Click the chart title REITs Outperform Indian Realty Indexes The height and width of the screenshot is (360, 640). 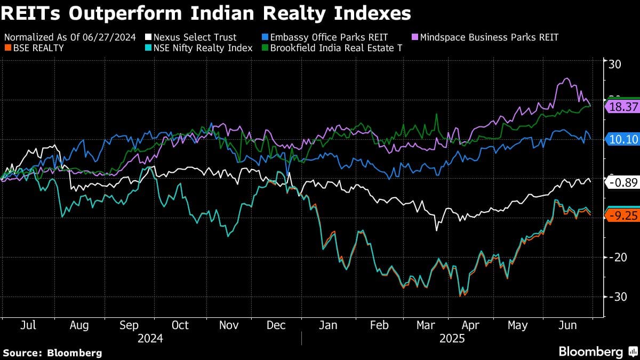pos(205,14)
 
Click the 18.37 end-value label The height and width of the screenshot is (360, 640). pos(623,107)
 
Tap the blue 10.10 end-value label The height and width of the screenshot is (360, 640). pos(623,139)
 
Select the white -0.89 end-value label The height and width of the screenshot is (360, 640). pos(623,182)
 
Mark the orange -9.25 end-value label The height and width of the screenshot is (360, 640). pos(623,215)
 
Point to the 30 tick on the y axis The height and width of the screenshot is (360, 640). pos(614,65)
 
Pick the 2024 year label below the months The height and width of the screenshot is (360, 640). pos(150,339)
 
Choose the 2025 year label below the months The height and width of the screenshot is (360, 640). pos(452,339)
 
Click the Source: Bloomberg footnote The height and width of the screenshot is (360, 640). pos(52,353)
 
